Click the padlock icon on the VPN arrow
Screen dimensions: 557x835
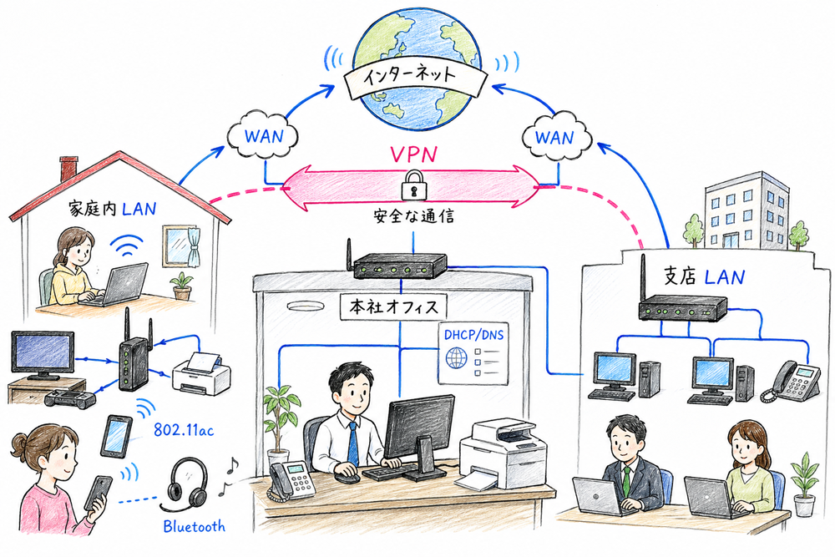point(412,185)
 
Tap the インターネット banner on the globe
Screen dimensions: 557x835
point(411,78)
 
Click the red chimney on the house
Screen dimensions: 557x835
point(68,168)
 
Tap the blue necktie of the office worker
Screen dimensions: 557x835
point(353,441)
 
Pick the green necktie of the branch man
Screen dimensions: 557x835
point(627,479)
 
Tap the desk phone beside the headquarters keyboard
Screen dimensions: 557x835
point(289,479)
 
